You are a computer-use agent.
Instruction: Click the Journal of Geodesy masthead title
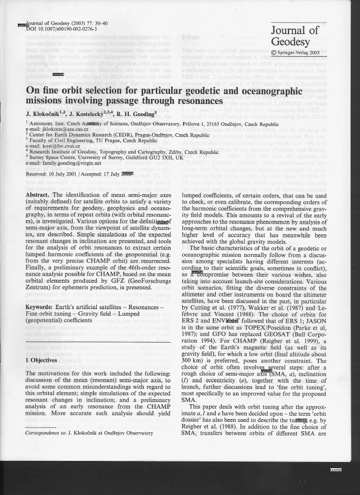(294, 36)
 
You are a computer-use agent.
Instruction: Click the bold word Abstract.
(39, 195)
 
